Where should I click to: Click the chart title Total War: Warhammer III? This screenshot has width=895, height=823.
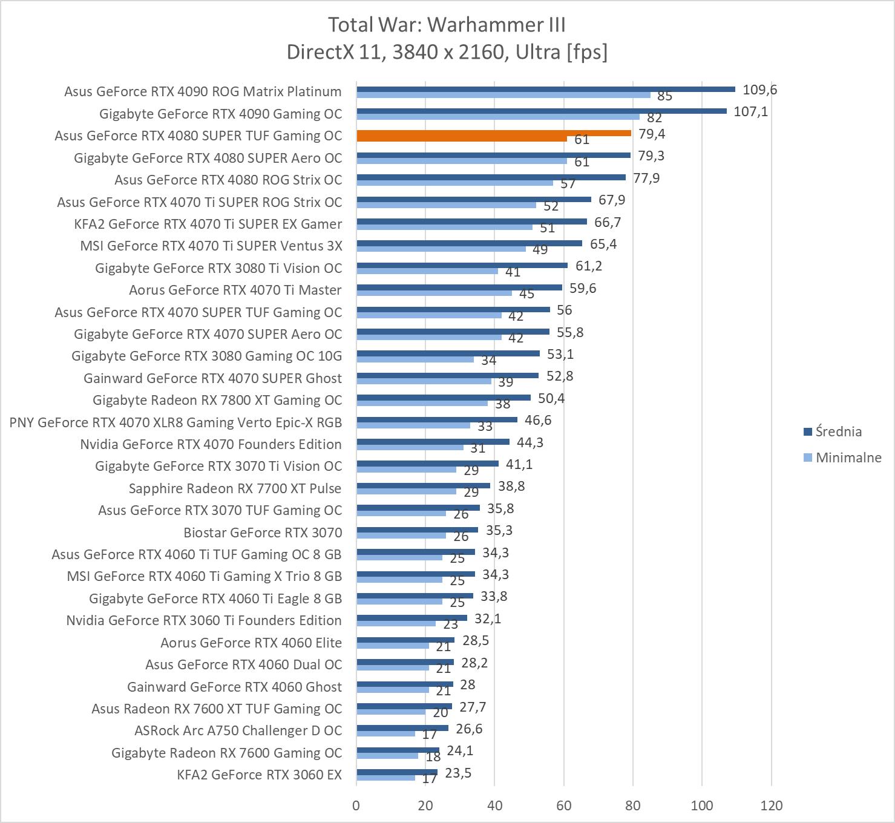pyautogui.click(x=447, y=25)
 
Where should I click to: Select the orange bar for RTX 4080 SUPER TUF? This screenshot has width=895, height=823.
pyautogui.click(x=494, y=133)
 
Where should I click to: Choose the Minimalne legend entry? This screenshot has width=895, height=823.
pyautogui.click(x=848, y=457)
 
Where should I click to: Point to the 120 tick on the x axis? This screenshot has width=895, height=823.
pyautogui.click(x=771, y=805)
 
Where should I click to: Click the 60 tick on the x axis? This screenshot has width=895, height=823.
pyautogui.click(x=564, y=805)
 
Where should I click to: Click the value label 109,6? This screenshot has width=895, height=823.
pyautogui.click(x=759, y=90)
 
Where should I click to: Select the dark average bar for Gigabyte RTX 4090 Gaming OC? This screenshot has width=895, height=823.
pyautogui.click(x=542, y=111)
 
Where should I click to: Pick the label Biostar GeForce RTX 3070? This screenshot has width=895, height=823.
pyautogui.click(x=263, y=533)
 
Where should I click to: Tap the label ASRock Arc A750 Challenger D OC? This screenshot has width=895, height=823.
pyautogui.click(x=238, y=730)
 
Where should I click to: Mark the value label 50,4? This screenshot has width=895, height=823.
pyautogui.click(x=551, y=398)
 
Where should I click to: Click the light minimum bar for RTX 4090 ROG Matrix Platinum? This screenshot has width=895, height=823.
pyautogui.click(x=503, y=94)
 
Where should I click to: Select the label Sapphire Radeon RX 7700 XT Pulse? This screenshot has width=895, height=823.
pyautogui.click(x=235, y=488)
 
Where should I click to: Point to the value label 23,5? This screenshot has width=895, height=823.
pyautogui.click(x=458, y=773)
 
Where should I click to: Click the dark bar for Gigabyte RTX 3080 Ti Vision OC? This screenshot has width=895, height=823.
pyautogui.click(x=462, y=265)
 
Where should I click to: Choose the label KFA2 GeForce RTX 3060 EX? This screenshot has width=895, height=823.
pyautogui.click(x=259, y=775)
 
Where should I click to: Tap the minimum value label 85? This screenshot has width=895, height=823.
pyautogui.click(x=664, y=96)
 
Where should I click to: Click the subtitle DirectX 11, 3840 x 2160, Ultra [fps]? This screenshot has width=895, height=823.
pyautogui.click(x=447, y=52)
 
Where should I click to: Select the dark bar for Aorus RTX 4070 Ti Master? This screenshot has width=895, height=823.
pyautogui.click(x=459, y=287)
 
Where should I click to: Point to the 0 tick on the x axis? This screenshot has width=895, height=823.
pyautogui.click(x=356, y=805)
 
